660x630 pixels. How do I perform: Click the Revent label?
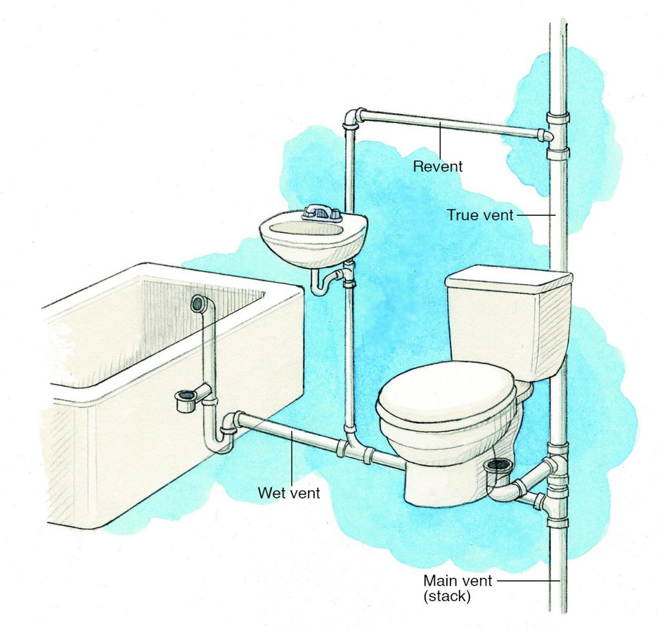pyautogui.click(x=438, y=166)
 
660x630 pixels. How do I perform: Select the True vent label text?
pyautogui.click(x=480, y=215)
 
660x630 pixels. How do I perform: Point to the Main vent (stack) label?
pyautogui.click(x=458, y=588)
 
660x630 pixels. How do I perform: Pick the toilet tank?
pyautogui.click(x=508, y=319)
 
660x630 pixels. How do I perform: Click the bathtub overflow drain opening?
pyautogui.click(x=197, y=303)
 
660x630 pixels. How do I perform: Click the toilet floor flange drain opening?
pyautogui.click(x=498, y=464)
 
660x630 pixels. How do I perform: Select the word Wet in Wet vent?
pyautogui.click(x=270, y=493)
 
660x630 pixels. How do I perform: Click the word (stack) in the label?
pyautogui.click(x=449, y=596)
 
